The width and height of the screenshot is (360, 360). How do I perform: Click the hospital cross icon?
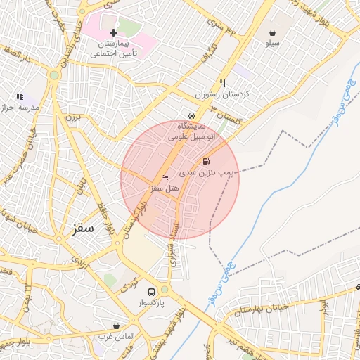114,32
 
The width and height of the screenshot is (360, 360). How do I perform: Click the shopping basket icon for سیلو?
272,32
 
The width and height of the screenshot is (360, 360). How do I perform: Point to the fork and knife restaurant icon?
223,82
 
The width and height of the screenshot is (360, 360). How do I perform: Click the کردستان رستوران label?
223,94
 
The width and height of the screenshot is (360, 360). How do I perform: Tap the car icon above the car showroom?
191,115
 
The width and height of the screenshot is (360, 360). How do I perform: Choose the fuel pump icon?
206,161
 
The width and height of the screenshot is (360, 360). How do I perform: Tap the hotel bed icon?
165,177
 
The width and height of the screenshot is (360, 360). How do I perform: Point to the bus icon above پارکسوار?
151,291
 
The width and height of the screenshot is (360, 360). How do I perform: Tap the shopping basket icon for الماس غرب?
116,326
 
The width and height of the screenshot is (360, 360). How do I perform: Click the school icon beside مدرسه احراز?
20,96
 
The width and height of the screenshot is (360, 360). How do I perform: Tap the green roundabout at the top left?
54,75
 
